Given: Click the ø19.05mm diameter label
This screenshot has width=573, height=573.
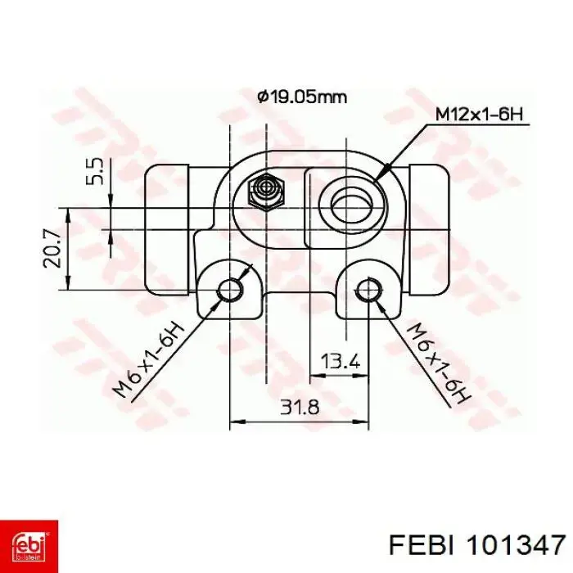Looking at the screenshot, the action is click(x=302, y=97).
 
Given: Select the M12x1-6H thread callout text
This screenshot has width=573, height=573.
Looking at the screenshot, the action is click(x=480, y=115).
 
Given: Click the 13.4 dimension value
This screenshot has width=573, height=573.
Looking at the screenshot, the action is click(x=341, y=362).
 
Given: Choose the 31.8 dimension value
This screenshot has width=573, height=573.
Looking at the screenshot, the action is click(x=300, y=407).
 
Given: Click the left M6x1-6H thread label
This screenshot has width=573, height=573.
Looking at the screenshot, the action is click(x=149, y=361).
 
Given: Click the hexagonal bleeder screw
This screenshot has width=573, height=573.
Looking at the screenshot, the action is click(x=266, y=190).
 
